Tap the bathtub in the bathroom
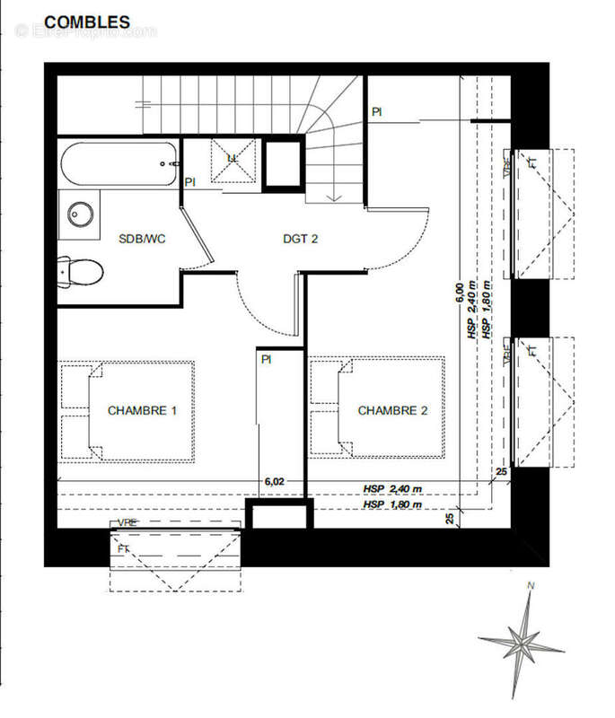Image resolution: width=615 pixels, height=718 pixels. pos(119,164)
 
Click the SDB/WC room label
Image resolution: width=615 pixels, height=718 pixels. pos(145,239)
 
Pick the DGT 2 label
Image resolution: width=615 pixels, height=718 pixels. pos(301,239)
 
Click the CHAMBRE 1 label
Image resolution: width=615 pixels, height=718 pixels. pos(142,410)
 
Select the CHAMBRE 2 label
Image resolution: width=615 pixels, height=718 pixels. pos(392,410)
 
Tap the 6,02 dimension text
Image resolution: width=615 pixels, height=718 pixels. pos(276,481)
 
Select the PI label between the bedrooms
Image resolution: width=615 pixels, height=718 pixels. pos(267,359)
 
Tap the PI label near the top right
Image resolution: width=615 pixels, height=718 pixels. pos(377,111)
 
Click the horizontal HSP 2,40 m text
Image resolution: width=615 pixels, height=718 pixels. pos(392,489)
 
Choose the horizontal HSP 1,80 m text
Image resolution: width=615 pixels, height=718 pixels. pos(392,506)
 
